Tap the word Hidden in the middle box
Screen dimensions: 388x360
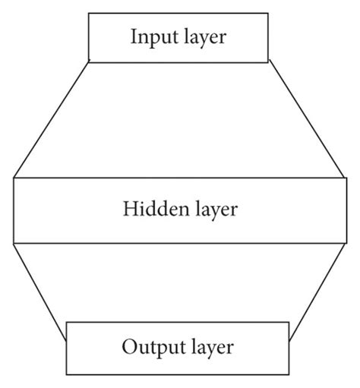pos(152,208)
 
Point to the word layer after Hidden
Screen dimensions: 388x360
pos(212,209)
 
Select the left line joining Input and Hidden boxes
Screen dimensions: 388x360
pos(52,119)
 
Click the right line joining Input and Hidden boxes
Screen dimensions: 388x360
pos(308,119)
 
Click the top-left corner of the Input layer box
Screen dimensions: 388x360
pos(89,13)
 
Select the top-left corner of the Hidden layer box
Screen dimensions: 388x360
pos(14,178)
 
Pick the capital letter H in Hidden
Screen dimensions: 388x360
pos(129,208)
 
